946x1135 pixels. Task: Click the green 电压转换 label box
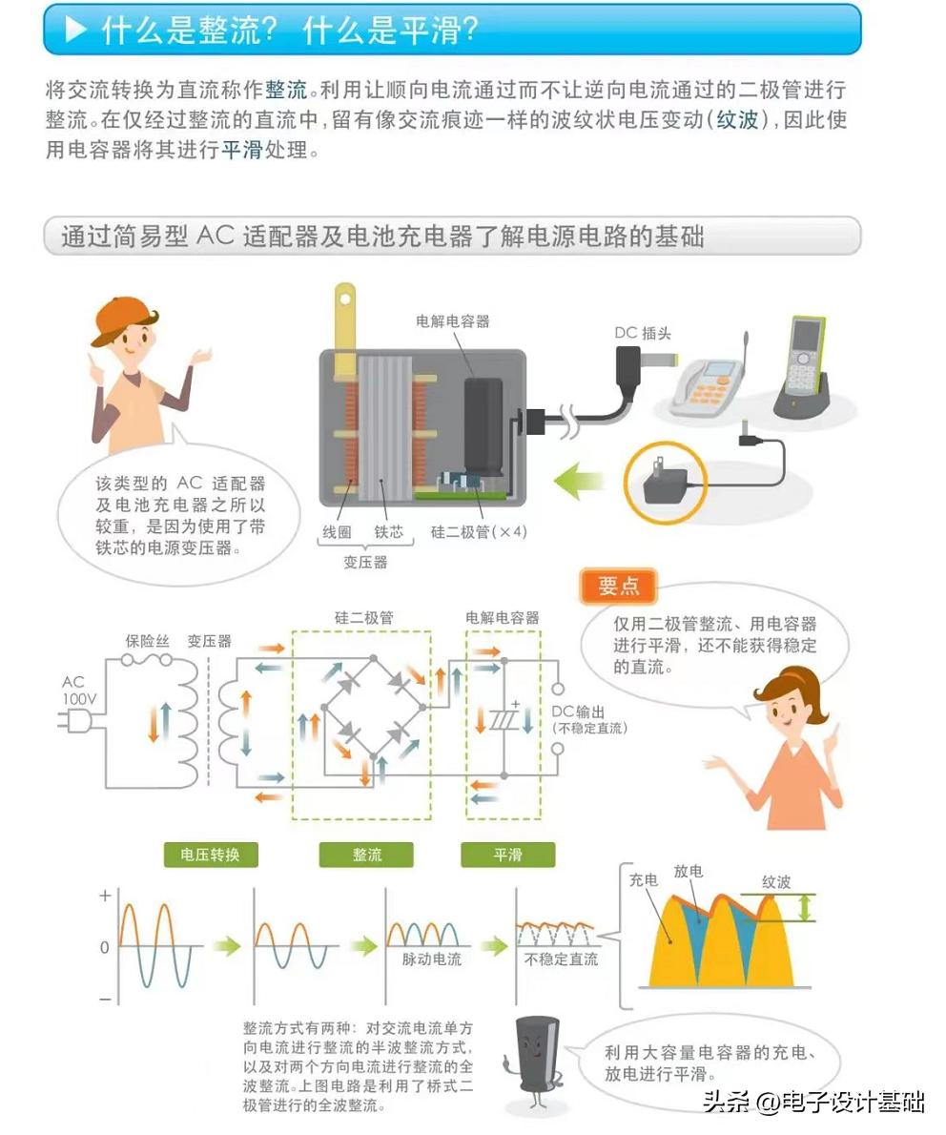[x=210, y=855]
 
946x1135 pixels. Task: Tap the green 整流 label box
[x=366, y=855]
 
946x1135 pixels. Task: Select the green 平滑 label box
[x=507, y=855]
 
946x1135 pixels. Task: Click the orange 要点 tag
[x=618, y=587]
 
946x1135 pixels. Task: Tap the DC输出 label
[x=578, y=712]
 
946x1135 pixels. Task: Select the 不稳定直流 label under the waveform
[x=561, y=959]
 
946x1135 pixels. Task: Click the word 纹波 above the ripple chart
[x=776, y=882]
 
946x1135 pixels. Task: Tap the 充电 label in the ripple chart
[x=644, y=880]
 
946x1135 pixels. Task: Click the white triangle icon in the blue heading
[x=75, y=31]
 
